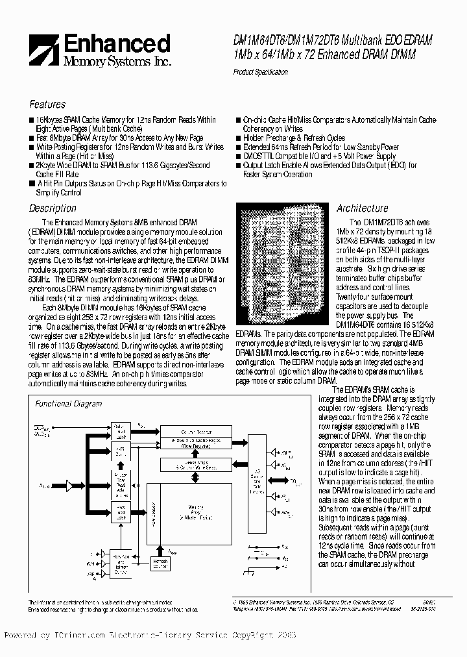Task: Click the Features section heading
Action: [47, 105]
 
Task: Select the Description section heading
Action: [53, 208]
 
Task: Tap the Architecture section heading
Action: [363, 208]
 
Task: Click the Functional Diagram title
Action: [68, 404]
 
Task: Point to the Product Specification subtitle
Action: [260, 73]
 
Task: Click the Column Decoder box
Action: [196, 431]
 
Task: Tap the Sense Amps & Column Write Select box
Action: [196, 465]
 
